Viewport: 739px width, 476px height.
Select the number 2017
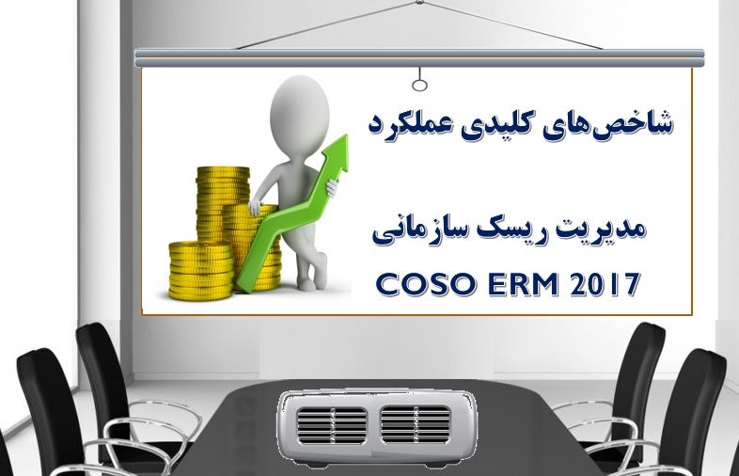pyautogui.click(x=605, y=284)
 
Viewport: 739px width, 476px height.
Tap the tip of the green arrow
pyautogui.click(x=347, y=135)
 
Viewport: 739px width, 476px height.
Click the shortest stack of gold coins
pyautogui.click(x=201, y=270)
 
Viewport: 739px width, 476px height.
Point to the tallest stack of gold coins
pyautogui.click(x=223, y=204)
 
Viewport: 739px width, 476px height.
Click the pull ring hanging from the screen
pyautogui.click(x=419, y=85)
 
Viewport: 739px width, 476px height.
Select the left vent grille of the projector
pyautogui.click(x=332, y=425)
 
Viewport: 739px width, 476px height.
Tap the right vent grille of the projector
pyautogui.click(x=416, y=424)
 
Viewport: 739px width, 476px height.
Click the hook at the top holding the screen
pyautogui.click(x=419, y=2)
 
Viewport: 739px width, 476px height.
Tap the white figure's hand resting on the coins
pyautogui.click(x=255, y=207)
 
